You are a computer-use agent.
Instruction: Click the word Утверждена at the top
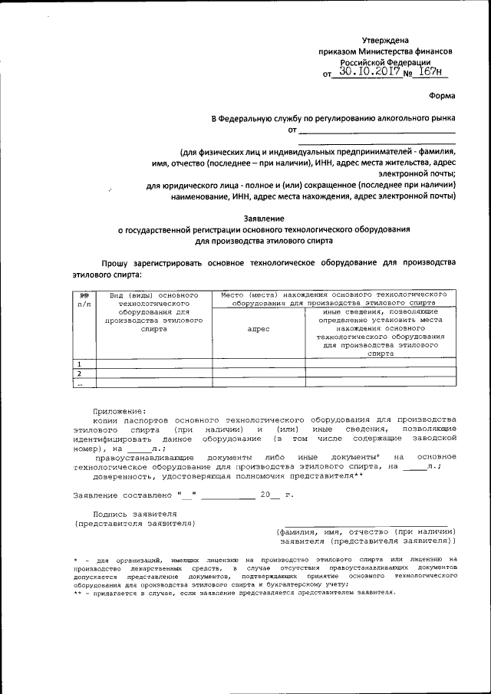coord(385,40)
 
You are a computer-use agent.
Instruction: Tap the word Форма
coord(442,96)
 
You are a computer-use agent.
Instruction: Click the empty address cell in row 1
coord(259,363)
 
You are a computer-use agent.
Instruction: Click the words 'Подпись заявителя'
coord(134,514)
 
